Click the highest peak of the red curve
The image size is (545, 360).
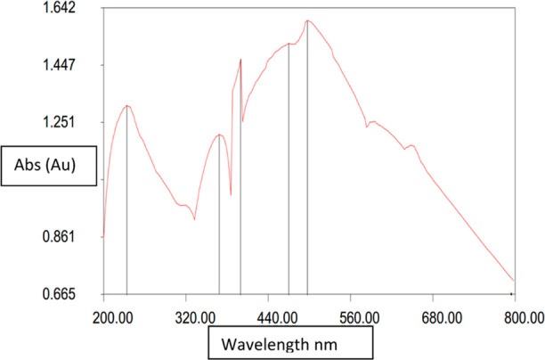point(307,20)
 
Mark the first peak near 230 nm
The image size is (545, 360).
point(127,105)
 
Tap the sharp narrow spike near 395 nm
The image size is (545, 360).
point(240,59)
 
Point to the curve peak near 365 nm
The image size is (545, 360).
point(219,135)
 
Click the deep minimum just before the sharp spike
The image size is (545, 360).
point(231,194)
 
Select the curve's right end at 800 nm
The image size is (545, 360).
point(514,281)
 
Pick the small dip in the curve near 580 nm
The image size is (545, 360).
point(367,127)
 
